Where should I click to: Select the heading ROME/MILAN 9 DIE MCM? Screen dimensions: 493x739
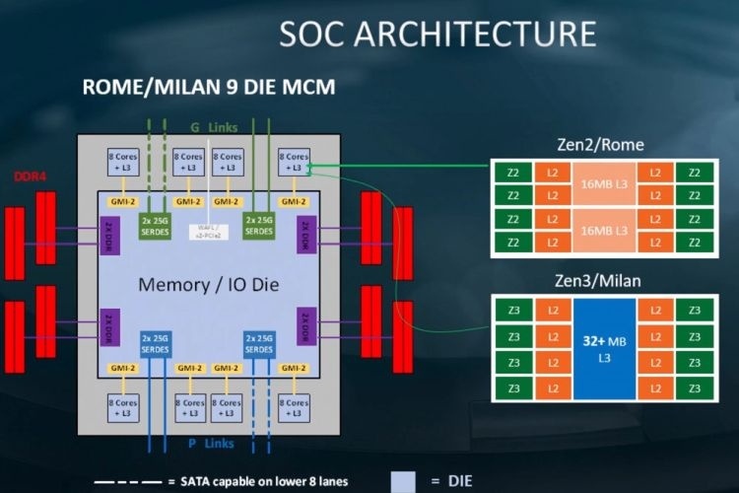pyautogui.click(x=208, y=88)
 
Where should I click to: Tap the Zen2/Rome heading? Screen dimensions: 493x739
pyautogui.click(x=600, y=145)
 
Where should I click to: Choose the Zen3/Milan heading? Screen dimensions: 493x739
pyautogui.click(x=600, y=281)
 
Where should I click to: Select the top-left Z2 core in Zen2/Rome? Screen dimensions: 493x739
pyautogui.click(x=512, y=173)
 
